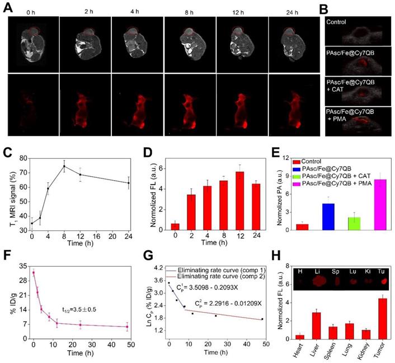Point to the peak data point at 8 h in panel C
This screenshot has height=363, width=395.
tap(64, 166)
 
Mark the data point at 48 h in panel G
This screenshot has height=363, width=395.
tap(262, 319)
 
